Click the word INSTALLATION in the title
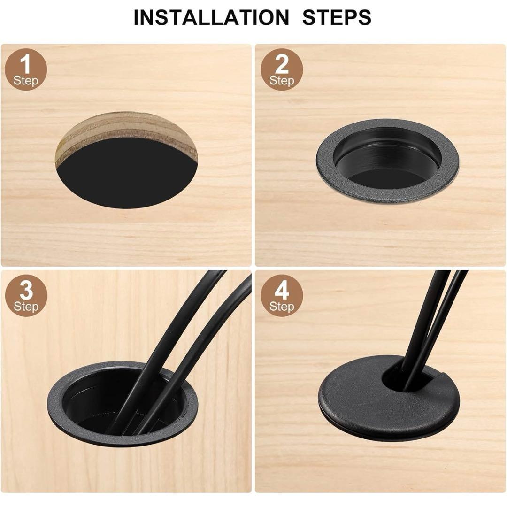click(211, 17)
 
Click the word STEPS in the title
click(337, 17)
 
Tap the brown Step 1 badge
click(26, 69)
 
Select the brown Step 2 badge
click(282, 69)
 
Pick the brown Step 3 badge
click(26, 296)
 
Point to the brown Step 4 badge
click(282, 296)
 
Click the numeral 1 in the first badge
click(25, 64)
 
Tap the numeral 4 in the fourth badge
click(282, 290)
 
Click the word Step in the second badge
click(282, 80)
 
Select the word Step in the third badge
click(26, 307)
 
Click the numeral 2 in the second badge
click(282, 64)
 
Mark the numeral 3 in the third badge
click(26, 290)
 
